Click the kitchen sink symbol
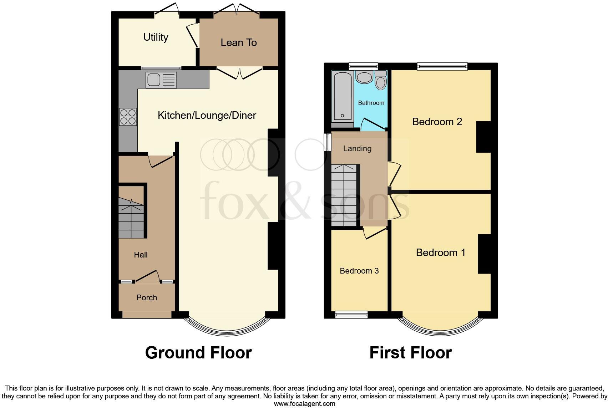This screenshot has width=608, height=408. [161, 80]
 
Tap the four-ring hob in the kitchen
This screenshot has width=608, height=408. [128, 117]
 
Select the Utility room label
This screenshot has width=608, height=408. [156, 37]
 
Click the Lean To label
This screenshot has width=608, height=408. [238, 42]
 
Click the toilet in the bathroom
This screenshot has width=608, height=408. [381, 80]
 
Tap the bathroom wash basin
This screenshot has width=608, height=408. [364, 77]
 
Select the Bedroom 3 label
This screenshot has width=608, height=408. [359, 271]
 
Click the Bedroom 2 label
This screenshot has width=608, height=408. [437, 122]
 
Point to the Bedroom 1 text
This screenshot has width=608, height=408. [440, 253]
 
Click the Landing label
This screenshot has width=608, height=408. [357, 148]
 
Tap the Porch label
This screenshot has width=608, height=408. [146, 297]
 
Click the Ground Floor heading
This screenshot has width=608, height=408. [198, 352]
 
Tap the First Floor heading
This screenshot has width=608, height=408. [410, 352]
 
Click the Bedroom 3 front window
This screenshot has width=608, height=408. [351, 315]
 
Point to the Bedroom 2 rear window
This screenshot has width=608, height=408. [442, 66]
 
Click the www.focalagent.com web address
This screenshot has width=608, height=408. [304, 404]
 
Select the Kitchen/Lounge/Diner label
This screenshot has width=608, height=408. [207, 115]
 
